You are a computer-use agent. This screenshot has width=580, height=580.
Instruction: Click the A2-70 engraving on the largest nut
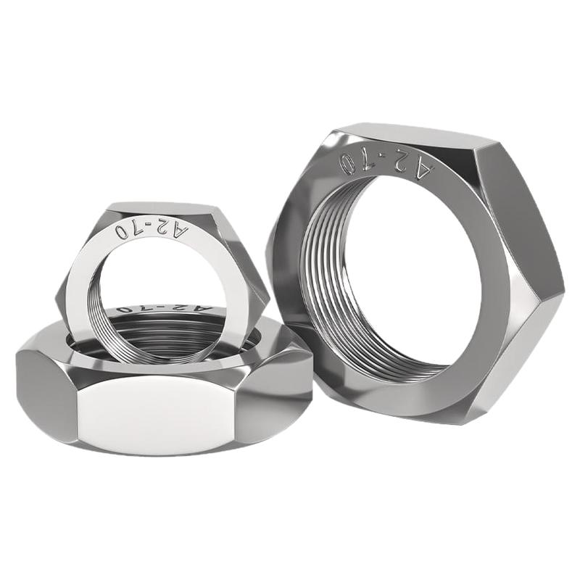[x=386, y=165]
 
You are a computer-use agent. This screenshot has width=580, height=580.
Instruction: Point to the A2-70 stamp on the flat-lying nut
[x=164, y=308]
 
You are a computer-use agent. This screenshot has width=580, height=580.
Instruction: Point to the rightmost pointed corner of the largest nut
[x=565, y=286]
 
